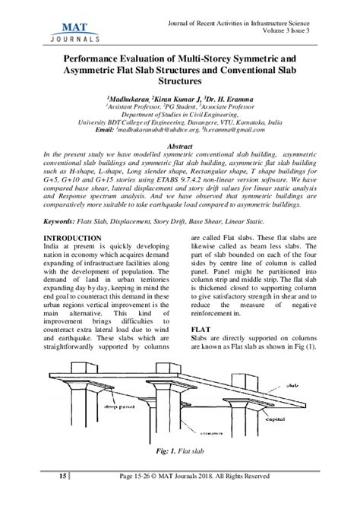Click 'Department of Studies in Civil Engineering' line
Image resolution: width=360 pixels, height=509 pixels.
pos(179,114)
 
